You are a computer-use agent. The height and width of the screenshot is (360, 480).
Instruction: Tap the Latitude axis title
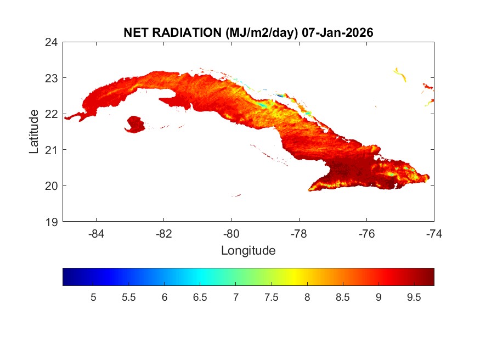34,131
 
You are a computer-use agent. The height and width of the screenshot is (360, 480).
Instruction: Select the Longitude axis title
248,251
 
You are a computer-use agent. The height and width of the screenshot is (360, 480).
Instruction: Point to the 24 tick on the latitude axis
52,42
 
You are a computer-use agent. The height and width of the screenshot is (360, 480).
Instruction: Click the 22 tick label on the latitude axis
52,114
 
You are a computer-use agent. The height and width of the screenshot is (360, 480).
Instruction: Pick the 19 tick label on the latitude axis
52,222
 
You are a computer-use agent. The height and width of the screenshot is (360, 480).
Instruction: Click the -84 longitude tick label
97,234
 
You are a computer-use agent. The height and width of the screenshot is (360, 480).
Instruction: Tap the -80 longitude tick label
231,234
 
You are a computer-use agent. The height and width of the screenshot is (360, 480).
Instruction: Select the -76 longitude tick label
366,234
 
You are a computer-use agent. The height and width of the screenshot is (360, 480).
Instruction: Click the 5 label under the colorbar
93,297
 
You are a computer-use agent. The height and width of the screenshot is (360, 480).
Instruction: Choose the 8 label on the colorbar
307,297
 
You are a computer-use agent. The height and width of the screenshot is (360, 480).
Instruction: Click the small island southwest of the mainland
135,124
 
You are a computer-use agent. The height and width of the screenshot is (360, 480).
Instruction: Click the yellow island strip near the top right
399,74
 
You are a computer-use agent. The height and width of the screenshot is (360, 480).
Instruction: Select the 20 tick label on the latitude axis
52,185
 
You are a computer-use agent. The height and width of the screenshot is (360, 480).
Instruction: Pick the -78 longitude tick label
299,234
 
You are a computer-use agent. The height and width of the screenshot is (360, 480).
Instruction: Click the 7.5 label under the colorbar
271,297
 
